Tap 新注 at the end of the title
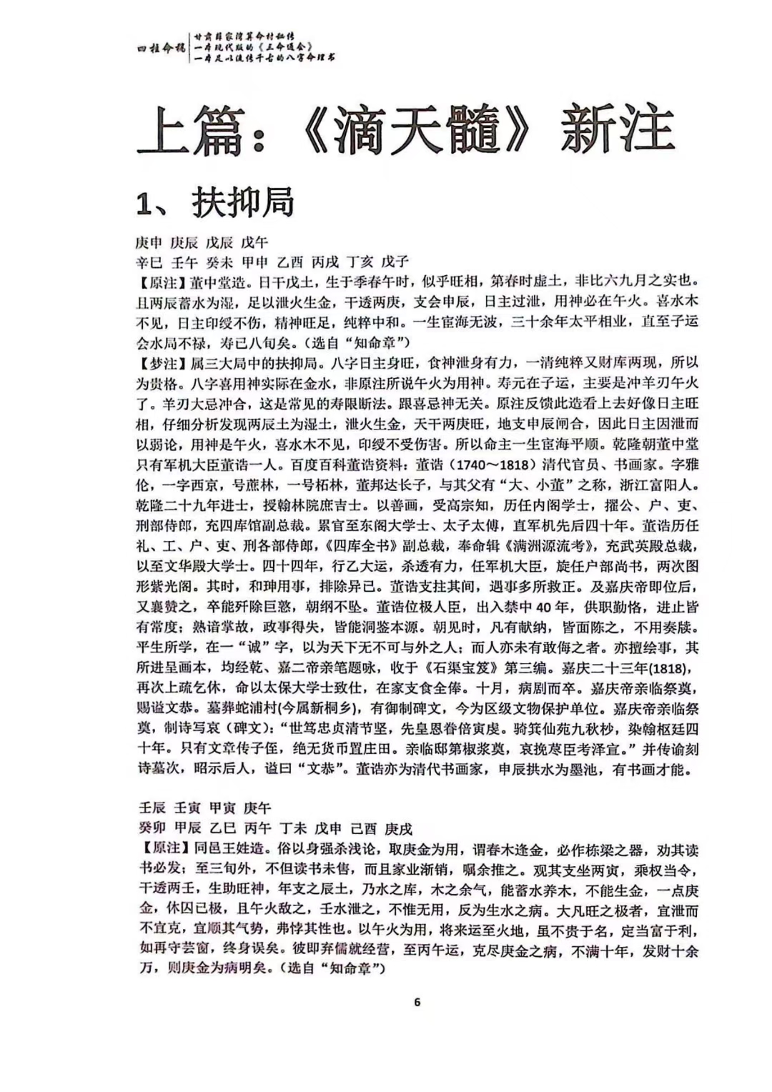tap(618, 131)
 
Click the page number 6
tap(417, 1001)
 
